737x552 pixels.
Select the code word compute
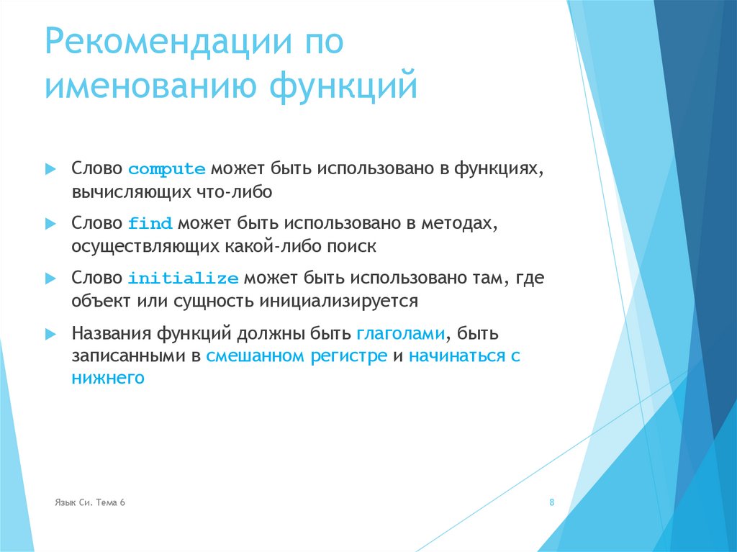tap(167, 170)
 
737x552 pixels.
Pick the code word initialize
tap(183, 279)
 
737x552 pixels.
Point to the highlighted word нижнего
tap(108, 377)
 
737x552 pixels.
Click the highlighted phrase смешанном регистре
tap(297, 356)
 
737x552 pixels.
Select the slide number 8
tap(552, 502)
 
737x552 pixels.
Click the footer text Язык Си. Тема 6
tap(90, 502)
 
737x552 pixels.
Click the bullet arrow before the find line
tap(50, 223)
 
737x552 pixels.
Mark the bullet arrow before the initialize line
tap(50, 278)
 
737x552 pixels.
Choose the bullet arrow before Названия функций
tap(50, 334)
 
